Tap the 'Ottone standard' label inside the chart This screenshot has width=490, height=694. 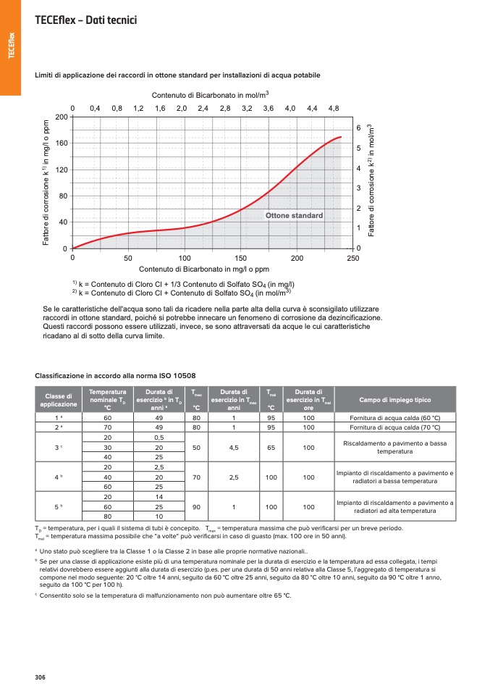[x=294, y=216]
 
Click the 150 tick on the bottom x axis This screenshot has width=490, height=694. [x=241, y=258]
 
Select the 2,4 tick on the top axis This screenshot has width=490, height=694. [x=203, y=108]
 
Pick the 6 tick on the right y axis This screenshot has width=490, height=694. [x=358, y=128]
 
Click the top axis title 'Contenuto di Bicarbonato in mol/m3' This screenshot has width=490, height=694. [x=210, y=95]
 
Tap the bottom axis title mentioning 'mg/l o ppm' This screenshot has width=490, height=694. [x=214, y=269]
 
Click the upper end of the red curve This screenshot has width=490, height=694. [x=341, y=137]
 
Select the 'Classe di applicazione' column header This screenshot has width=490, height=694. [x=59, y=400]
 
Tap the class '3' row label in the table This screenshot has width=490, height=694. [x=59, y=448]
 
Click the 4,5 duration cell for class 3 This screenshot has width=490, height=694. [x=234, y=448]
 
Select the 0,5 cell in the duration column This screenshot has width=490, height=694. [x=159, y=438]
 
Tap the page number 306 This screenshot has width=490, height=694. [x=40, y=677]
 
